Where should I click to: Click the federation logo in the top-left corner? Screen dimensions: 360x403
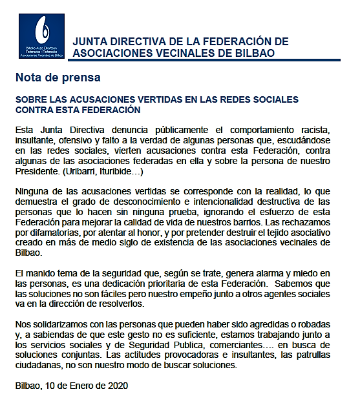[x=42, y=37]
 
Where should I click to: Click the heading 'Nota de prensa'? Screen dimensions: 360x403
[x=58, y=78]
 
